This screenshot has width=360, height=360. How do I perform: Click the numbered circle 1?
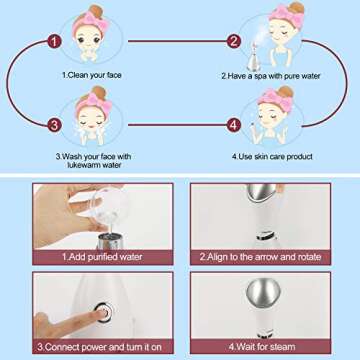54,42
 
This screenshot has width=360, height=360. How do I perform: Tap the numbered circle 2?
234,41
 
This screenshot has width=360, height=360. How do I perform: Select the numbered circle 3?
54,125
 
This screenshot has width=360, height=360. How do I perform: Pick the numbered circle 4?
234,125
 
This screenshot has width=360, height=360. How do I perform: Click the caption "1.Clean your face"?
92,75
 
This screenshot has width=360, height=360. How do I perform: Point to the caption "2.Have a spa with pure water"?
271,76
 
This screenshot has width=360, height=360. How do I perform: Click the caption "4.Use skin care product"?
272,156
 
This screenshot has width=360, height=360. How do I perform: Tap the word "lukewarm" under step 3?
85,165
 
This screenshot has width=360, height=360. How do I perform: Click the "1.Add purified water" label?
102,257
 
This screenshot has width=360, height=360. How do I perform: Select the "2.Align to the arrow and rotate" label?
260,257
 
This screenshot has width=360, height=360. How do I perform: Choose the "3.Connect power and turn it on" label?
99,347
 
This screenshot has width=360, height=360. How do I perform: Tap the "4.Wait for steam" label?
262,347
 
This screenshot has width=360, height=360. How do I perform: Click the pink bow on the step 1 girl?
90,22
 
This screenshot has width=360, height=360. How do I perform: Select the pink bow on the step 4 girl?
276,99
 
